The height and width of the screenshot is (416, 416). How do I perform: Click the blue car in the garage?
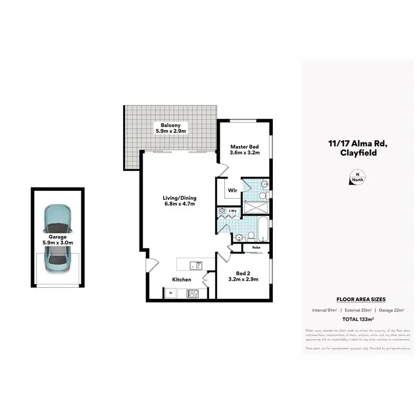tap(57, 235)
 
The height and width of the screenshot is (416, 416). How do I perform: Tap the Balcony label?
tap(171, 126)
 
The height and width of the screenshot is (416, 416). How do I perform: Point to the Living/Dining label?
tap(179, 198)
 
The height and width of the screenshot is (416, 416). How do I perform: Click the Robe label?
tap(256, 247)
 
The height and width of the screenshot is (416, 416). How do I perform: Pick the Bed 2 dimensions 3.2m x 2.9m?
tap(244, 279)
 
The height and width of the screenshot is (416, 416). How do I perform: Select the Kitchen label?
tap(181, 280)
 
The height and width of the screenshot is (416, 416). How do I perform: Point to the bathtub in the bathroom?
tap(262, 227)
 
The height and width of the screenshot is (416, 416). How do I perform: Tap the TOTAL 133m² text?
tap(358, 320)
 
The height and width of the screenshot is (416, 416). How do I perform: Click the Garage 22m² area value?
tap(392, 310)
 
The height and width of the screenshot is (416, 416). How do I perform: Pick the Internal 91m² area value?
tap(325, 310)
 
